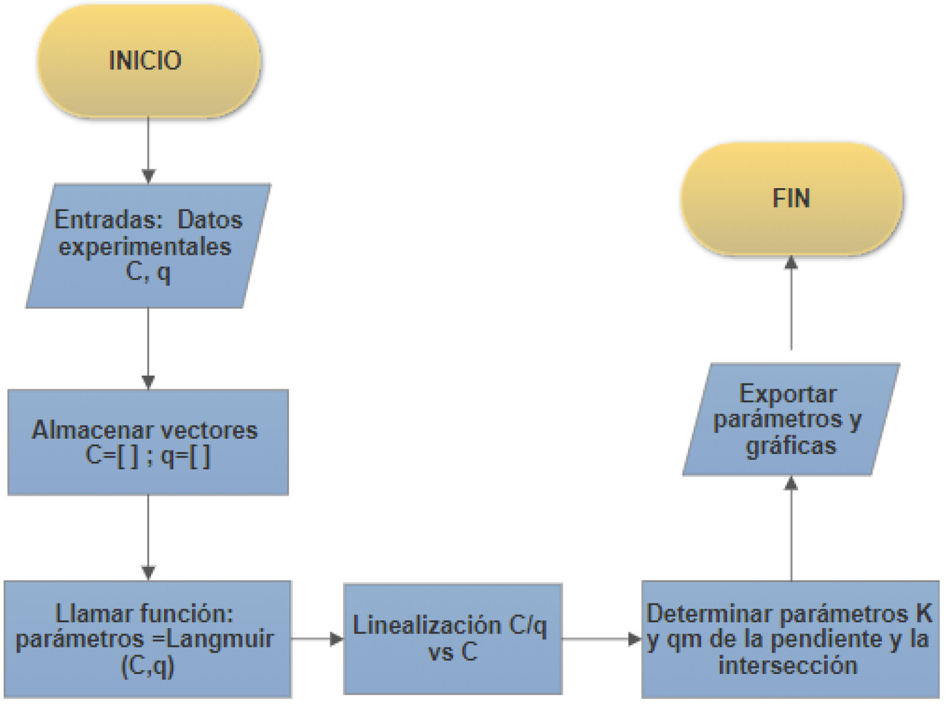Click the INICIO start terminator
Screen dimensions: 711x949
[x=148, y=61]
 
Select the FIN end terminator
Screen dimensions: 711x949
[x=791, y=198]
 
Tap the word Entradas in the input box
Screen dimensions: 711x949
[x=108, y=220]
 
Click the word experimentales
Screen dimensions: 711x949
[x=145, y=246]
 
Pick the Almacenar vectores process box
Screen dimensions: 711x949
[x=147, y=441]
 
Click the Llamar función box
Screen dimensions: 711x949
[x=147, y=639]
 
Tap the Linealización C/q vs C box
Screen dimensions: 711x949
[x=452, y=639]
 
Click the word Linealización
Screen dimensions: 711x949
[x=427, y=626]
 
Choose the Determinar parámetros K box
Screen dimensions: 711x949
[x=790, y=639]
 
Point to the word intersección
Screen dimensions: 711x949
[x=787, y=666]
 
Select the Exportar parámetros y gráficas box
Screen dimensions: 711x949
[x=790, y=419]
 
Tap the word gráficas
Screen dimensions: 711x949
[x=791, y=445]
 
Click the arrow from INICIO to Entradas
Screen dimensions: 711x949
[x=148, y=149]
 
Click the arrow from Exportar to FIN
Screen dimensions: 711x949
[x=791, y=303]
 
